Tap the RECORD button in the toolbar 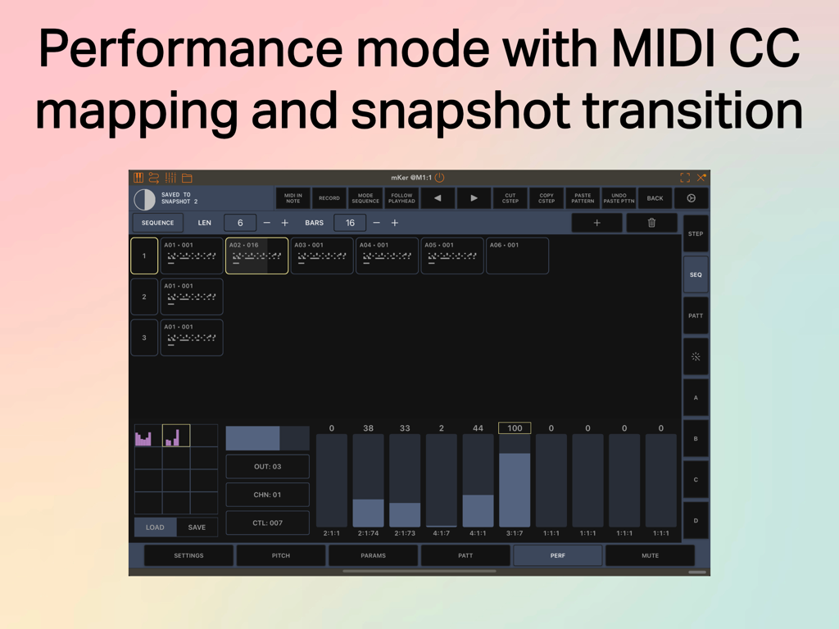point(329,198)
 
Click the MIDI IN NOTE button point(293,198)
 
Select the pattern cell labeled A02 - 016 point(256,256)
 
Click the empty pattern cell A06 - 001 point(517,256)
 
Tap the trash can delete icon point(651,223)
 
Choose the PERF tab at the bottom point(557,555)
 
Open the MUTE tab point(650,555)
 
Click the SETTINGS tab point(188,555)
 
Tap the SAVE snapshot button point(197,527)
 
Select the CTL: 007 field point(267,523)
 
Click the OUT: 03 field point(267,467)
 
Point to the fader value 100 point(515,428)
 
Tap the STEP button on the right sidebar point(696,234)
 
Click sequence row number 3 point(144,337)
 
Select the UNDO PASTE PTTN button point(619,198)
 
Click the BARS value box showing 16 point(350,223)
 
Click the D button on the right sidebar point(696,521)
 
